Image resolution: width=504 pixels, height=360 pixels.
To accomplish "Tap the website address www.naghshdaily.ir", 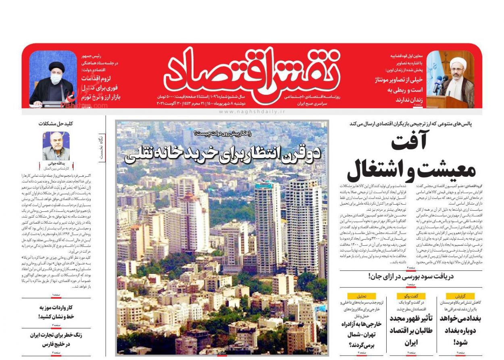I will point(252,111).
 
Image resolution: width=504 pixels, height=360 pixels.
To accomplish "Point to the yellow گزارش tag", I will point(460,296).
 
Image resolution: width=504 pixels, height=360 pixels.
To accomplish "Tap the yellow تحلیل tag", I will point(361,296).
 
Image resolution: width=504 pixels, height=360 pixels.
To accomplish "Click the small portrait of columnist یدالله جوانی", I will point(56,146).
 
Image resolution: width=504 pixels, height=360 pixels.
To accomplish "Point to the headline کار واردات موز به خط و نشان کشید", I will point(56,312).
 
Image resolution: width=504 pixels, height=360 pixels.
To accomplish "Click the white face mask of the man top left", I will point(56,79).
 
